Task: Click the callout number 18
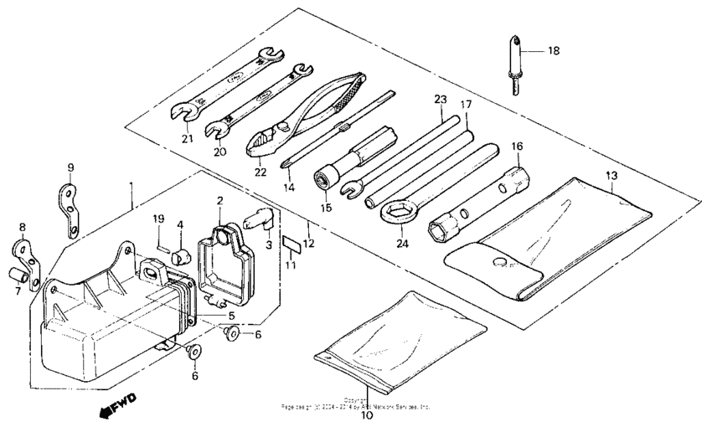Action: click(553, 51)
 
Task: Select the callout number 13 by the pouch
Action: click(611, 175)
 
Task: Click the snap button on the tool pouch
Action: click(500, 263)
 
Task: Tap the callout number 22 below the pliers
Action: click(261, 172)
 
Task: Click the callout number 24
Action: click(402, 245)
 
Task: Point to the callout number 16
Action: click(517, 147)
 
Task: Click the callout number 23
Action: click(441, 99)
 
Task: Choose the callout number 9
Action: click(70, 167)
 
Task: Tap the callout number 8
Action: click(22, 227)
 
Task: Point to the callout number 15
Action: click(325, 207)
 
